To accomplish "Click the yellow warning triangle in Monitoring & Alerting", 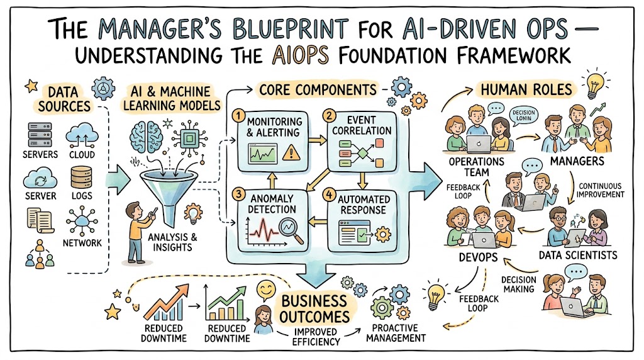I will click(x=290, y=153).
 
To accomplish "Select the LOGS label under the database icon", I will click(x=83, y=195).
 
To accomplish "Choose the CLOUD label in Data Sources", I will click(x=83, y=154).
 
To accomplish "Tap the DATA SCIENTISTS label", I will click(x=578, y=255).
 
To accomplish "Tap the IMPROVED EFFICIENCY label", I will click(x=316, y=337).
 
